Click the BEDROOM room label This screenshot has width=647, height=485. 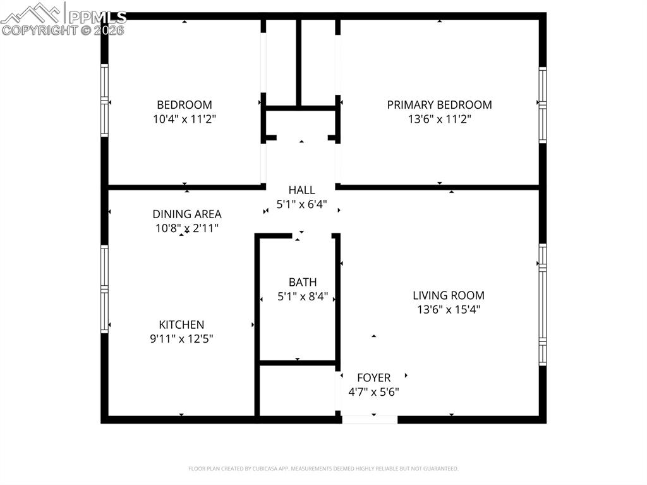[x=184, y=105]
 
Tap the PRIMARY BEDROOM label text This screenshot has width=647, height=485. [x=439, y=105]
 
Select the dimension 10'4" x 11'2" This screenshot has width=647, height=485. [x=184, y=119]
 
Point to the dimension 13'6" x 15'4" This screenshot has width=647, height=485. [x=449, y=309]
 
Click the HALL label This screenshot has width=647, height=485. [x=301, y=190]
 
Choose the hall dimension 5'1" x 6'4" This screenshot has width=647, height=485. [x=301, y=204]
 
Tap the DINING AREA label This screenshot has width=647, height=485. [x=187, y=214]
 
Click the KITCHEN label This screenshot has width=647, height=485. [x=181, y=324]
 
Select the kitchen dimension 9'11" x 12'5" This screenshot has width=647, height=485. [x=181, y=338]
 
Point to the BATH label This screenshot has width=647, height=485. [x=303, y=282]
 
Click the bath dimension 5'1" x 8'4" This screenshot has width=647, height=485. [x=303, y=296]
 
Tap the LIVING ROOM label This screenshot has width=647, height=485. [x=449, y=295]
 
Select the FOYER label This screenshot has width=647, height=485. [x=373, y=378]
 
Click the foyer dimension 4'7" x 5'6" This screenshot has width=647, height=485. [x=373, y=391]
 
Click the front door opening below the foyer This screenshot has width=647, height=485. [x=370, y=419]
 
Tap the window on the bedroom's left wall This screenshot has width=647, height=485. [x=105, y=101]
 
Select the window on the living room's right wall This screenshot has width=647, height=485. [x=542, y=304]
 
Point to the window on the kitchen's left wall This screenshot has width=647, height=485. [x=105, y=289]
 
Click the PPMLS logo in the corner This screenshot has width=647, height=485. [x=63, y=18]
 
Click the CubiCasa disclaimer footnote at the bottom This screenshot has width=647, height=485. [x=323, y=469]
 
